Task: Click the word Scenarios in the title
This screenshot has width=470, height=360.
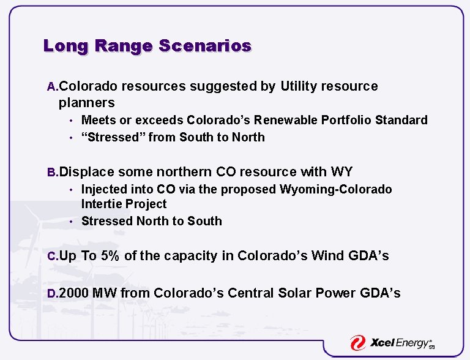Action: (204, 46)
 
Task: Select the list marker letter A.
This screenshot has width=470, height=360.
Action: (53, 87)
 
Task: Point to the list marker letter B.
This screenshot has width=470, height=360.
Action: (53, 173)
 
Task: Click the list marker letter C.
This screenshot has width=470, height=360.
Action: (53, 257)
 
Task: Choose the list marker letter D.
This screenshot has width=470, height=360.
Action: (53, 294)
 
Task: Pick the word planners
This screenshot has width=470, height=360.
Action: (86, 102)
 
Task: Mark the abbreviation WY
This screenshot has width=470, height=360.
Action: (341, 172)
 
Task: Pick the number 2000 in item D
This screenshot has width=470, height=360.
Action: (74, 293)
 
